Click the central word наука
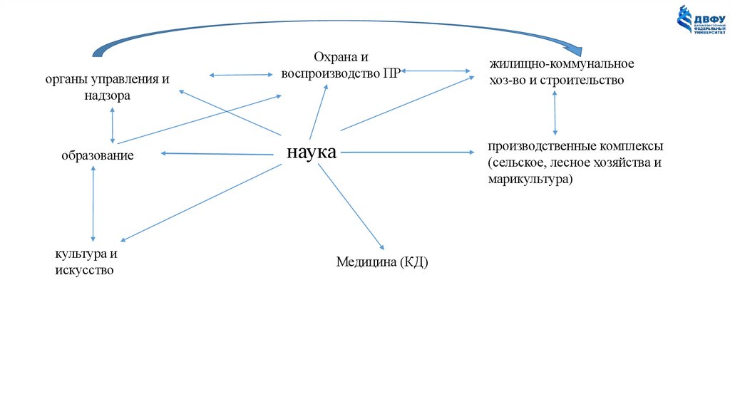(311, 152)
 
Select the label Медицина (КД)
(382, 263)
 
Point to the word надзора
(107, 95)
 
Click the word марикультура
(530, 181)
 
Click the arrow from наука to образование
(221, 153)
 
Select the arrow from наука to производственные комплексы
(406, 152)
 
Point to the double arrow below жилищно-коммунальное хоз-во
(555, 113)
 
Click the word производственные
(532, 146)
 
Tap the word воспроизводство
(330, 73)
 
